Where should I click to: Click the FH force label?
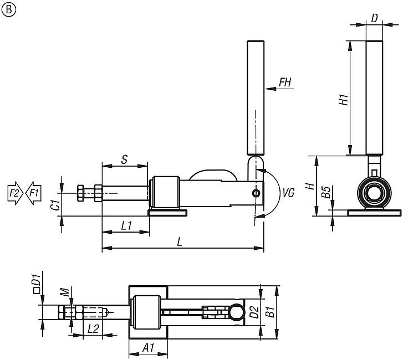click(285, 83)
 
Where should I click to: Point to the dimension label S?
click(125, 159)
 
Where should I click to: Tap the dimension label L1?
click(125, 225)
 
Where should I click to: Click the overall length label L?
click(179, 242)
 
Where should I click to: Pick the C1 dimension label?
click(54, 203)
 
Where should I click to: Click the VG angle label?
click(288, 193)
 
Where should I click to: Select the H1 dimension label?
click(344, 100)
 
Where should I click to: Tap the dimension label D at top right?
click(374, 18)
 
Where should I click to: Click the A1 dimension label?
click(148, 347)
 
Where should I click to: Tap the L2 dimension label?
click(94, 328)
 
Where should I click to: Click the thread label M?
click(65, 292)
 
